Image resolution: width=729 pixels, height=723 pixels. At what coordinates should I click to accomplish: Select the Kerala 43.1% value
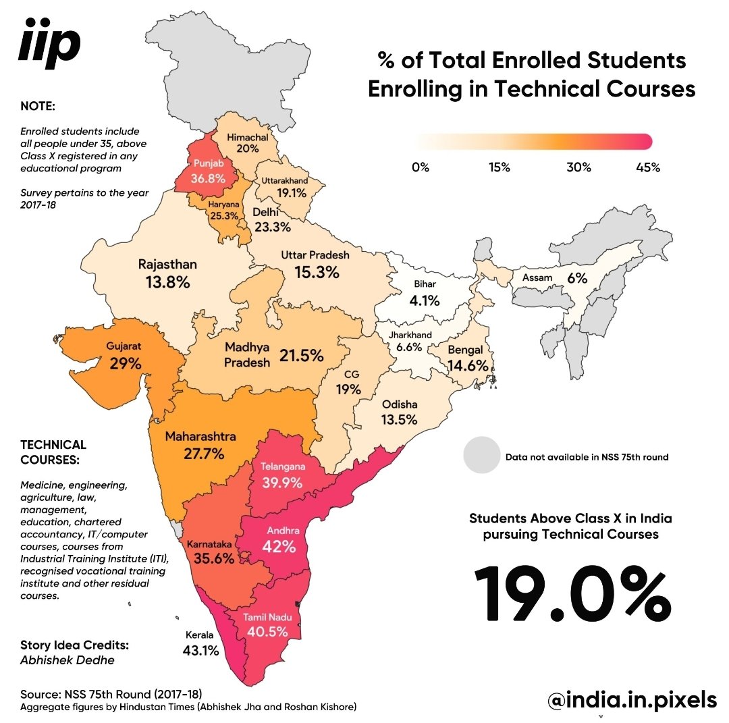click(200, 651)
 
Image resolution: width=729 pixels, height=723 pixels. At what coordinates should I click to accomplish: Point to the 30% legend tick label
click(578, 167)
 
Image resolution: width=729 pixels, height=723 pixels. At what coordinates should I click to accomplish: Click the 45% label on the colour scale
click(647, 167)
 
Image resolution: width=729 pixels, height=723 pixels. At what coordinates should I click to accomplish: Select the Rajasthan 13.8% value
click(167, 283)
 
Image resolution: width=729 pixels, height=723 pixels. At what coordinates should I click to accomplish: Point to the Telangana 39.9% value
click(283, 483)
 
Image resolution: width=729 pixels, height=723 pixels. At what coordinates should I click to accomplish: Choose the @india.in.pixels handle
click(632, 700)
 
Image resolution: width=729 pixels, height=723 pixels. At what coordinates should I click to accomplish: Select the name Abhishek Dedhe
click(67, 660)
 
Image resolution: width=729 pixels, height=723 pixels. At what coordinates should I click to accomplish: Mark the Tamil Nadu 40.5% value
click(268, 633)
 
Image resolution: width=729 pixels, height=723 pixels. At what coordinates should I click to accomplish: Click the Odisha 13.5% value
click(400, 419)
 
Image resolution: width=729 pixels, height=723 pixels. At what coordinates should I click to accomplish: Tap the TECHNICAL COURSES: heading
click(53, 452)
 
